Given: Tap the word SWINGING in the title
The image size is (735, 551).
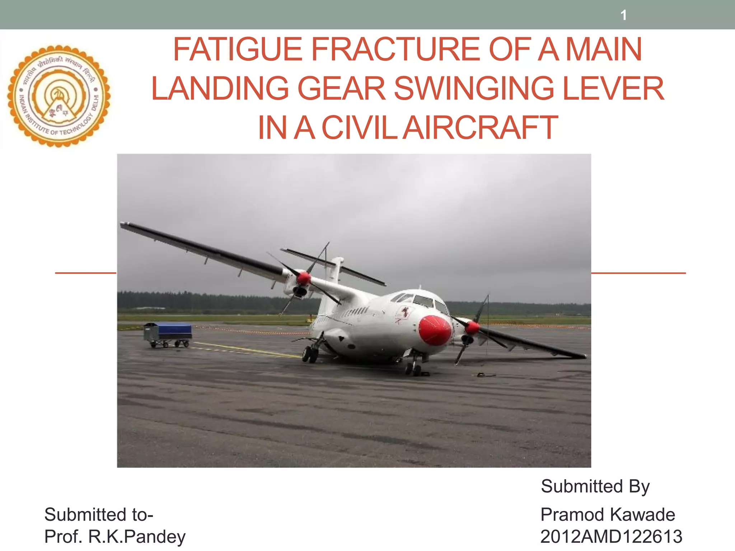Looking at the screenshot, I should [x=474, y=89].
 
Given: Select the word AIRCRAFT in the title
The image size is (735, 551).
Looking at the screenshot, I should [x=480, y=128].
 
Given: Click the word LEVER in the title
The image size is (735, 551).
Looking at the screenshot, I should [x=613, y=89].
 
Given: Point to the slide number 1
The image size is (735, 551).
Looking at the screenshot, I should [x=624, y=15].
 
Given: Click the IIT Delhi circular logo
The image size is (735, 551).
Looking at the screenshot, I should [x=59, y=96].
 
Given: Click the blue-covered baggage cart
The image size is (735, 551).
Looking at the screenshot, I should [x=168, y=334].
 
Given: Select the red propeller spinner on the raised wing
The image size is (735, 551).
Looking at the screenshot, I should [x=304, y=278].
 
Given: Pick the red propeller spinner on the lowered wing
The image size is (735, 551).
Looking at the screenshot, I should [x=472, y=328].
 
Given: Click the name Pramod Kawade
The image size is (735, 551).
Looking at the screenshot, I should [x=608, y=515].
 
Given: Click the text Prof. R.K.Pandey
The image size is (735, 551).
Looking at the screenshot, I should [x=115, y=537].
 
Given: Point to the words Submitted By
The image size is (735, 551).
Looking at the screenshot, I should [x=595, y=487].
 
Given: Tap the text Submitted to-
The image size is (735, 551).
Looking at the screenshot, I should [x=99, y=515].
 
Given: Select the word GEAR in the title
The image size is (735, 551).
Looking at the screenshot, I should [x=341, y=89].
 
